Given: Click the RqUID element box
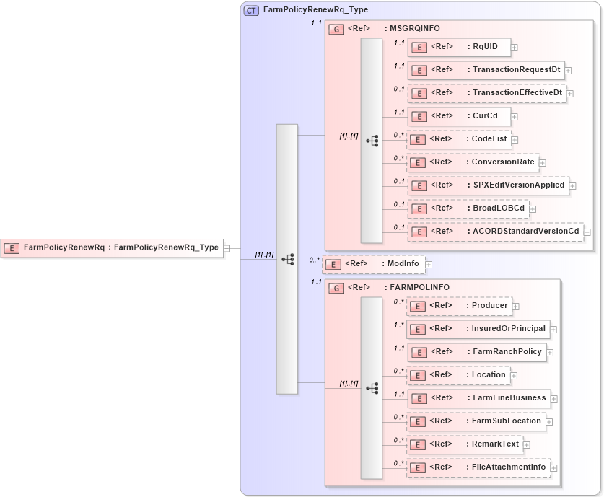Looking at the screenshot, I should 459,47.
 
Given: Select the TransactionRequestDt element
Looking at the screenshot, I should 485,70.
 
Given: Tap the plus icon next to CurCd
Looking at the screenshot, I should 515,116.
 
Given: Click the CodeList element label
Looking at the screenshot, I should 489,138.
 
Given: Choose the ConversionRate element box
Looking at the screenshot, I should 472,162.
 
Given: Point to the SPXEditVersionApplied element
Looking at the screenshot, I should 488,185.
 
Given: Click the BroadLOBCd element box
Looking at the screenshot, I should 468,208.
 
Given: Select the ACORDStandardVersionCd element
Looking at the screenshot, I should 495,232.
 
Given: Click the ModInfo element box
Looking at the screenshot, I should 373,264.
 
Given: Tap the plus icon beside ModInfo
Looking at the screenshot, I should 429,265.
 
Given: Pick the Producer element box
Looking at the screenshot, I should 459,306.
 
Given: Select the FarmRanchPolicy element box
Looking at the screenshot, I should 476,352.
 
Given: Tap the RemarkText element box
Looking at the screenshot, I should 464,444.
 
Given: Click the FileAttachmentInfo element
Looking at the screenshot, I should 478,467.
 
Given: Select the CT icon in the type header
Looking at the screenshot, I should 251,10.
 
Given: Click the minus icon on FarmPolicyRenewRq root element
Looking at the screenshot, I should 227,247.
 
